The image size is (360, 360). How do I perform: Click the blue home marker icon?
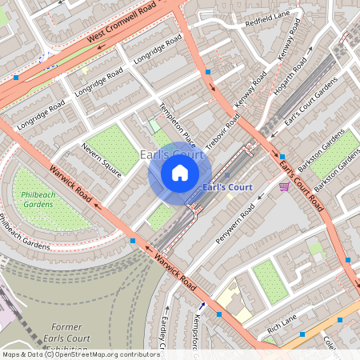[180, 173]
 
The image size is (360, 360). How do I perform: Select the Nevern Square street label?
[101, 158]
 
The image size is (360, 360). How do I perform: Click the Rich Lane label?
[282, 323]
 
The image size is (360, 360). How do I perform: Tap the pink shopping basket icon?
[284, 186]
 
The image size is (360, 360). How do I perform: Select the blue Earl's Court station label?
[228, 187]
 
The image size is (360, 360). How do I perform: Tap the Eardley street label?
[163, 328]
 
